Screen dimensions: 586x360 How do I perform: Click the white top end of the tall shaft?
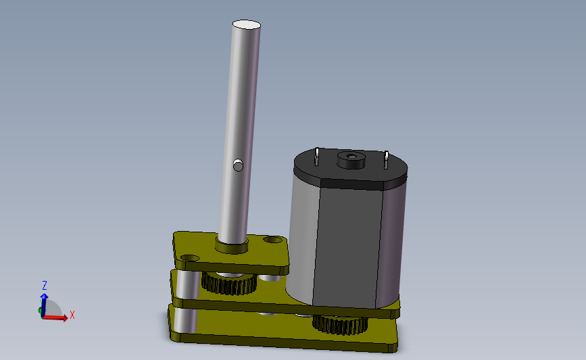pos(247,24)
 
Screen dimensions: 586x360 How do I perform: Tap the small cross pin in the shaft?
pos(238,165)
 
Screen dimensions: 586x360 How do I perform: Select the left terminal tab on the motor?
pos(316,157)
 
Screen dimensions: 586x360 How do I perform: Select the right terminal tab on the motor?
pos(386,160)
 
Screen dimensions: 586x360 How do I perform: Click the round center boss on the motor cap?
pos(351,160)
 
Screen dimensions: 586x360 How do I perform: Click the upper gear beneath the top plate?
pos(229,284)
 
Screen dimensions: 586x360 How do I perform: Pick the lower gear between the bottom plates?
pos(340,324)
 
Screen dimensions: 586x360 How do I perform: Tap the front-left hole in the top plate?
pos(190,258)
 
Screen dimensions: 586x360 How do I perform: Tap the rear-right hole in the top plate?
pos(273,239)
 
